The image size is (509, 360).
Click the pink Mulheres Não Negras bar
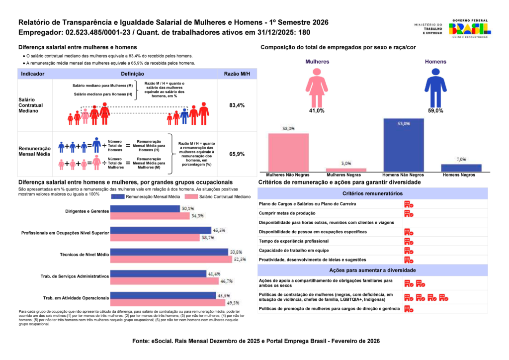(x=288, y=152)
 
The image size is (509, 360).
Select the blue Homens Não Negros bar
(x=403, y=145)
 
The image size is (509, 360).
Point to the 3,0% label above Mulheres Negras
(x=346, y=163)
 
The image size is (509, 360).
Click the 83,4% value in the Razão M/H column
(x=237, y=105)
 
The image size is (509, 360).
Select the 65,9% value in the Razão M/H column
(x=237, y=154)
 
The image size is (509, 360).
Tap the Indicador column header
(x=33, y=74)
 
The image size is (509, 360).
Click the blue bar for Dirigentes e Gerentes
(x=145, y=209)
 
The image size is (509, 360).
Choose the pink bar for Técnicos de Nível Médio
(x=171, y=259)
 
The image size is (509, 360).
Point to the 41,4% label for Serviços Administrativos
(x=214, y=273)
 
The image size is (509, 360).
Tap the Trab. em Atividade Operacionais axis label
(x=76, y=298)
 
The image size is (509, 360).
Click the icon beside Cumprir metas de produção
(x=409, y=213)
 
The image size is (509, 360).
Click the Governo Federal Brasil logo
(x=469, y=29)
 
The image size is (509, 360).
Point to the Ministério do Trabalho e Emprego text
(x=427, y=29)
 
